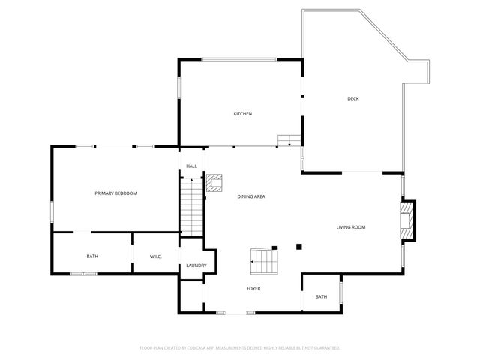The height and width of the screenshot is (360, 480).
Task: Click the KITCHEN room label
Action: (242, 114)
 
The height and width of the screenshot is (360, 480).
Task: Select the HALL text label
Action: (191, 166)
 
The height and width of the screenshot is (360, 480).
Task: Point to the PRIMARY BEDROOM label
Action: (115, 193)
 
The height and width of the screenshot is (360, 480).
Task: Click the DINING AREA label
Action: (251, 196)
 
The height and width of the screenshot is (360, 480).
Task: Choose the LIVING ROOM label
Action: (350, 226)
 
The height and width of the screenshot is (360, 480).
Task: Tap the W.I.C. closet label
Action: (156, 256)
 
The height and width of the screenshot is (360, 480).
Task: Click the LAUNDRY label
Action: (196, 265)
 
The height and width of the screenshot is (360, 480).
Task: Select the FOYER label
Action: (253, 288)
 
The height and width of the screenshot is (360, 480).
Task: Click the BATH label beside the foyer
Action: (321, 297)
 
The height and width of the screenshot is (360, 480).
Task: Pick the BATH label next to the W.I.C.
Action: (92, 256)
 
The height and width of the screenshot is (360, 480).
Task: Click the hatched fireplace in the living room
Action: (407, 221)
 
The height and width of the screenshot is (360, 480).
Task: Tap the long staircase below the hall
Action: (192, 206)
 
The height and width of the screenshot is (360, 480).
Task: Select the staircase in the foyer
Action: (264, 262)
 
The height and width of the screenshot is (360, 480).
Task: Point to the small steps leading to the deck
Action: (289, 140)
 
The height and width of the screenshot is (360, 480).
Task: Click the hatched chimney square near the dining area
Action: (215, 183)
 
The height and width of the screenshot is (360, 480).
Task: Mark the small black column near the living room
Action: (298, 246)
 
